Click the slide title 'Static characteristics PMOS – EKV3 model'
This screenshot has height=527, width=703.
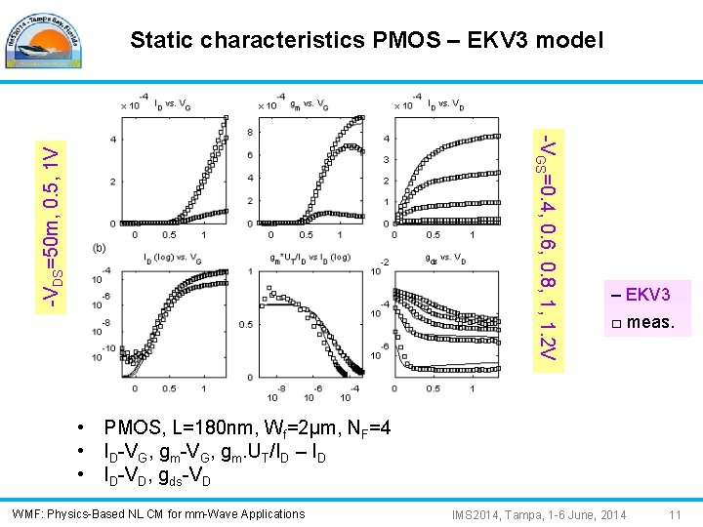[x=366, y=40]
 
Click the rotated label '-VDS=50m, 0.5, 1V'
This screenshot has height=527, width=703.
[x=59, y=228]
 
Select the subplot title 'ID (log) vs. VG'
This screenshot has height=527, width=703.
[x=176, y=258]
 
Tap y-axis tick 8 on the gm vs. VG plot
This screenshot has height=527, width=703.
[x=251, y=133]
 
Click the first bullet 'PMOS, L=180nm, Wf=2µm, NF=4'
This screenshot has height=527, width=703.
[x=248, y=429]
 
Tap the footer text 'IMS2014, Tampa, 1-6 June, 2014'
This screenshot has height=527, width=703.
[x=539, y=514]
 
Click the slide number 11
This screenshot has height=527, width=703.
[x=674, y=514]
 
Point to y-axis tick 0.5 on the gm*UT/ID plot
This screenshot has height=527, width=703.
[x=246, y=324]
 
